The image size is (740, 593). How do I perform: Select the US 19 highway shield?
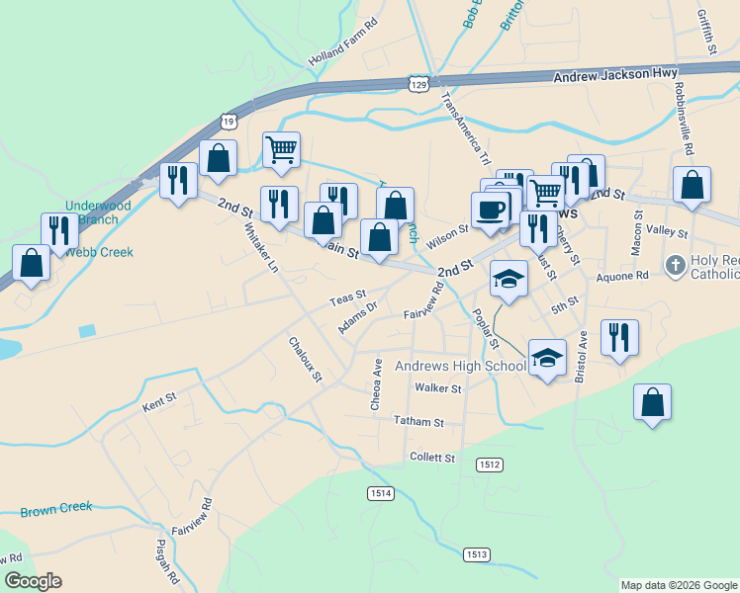229,121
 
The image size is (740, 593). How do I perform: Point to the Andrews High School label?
460,367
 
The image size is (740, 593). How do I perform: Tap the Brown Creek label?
55,508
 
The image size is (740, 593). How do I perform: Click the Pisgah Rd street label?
166,559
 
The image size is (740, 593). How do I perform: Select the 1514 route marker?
380,493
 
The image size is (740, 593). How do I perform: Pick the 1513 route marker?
476,554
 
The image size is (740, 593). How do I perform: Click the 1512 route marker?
489,464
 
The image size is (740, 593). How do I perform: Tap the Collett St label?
431,458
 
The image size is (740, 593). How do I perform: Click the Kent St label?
158,401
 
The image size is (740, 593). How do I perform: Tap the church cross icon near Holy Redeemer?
675,265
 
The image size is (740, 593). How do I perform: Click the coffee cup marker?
492,209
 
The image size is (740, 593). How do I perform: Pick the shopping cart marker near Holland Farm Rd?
281,150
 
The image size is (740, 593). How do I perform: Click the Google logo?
34,581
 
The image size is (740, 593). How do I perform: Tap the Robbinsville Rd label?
682,118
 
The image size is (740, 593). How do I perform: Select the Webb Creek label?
99,252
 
